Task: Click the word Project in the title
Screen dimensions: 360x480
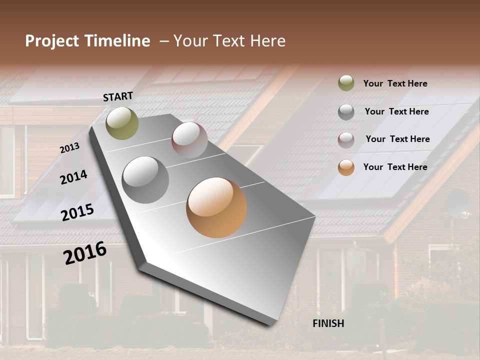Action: point(52,41)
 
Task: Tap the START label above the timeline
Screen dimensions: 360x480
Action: point(118,96)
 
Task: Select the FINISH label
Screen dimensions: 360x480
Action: point(328,323)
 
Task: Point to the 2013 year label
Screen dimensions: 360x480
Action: point(69,148)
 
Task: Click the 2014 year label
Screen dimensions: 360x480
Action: point(73,177)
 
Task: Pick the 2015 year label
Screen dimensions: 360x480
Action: point(77,212)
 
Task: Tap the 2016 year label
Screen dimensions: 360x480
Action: point(85,253)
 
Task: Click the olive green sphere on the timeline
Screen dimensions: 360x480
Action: point(122,123)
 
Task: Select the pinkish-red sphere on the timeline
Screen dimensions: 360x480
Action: point(189,140)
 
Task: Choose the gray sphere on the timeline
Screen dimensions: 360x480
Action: point(145,180)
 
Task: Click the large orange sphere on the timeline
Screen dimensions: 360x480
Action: point(216,207)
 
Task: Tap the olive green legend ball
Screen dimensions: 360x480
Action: point(346,83)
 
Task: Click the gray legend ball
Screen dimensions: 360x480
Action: point(346,112)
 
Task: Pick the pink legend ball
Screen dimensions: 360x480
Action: point(346,140)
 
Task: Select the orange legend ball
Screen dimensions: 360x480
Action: point(346,167)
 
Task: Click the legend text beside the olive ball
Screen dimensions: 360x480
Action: point(395,83)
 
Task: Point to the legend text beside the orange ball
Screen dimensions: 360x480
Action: point(395,167)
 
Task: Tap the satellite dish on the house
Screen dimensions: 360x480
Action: point(457,204)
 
